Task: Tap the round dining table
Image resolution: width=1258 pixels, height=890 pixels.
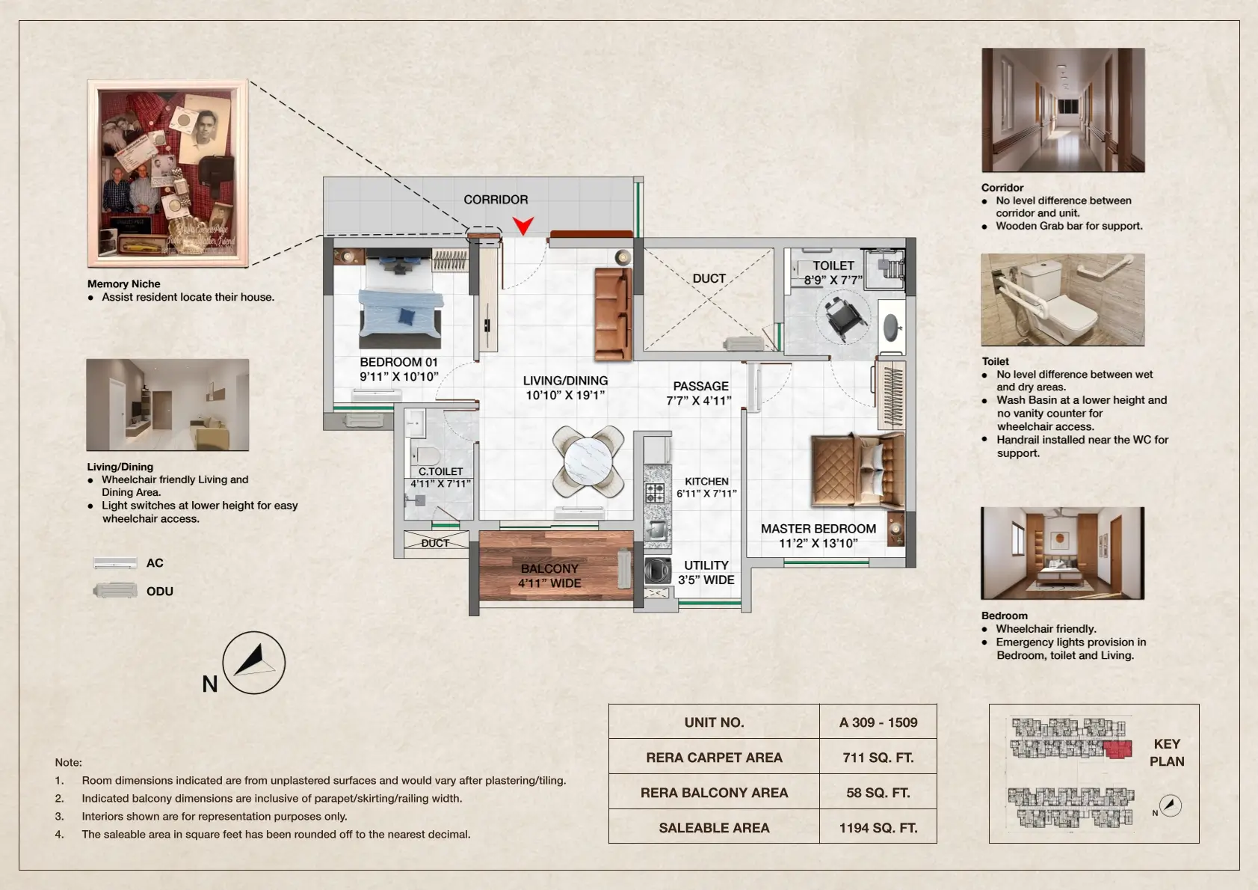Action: click(x=588, y=461)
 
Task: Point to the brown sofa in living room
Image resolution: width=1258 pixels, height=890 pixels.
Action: click(x=613, y=314)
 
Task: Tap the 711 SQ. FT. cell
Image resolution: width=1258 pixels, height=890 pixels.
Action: click(x=878, y=757)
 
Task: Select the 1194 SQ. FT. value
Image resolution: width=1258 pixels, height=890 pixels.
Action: click(x=878, y=827)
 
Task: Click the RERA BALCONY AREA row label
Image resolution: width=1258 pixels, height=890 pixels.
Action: click(x=714, y=792)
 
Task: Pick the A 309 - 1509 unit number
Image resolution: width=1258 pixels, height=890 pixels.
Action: click(x=878, y=722)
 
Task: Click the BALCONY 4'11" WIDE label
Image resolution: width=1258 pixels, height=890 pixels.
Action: click(x=549, y=575)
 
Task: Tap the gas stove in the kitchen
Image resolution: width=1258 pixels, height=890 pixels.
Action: click(x=655, y=492)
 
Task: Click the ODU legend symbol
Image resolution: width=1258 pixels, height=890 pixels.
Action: click(x=115, y=591)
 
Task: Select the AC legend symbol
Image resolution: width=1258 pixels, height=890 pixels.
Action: click(x=115, y=562)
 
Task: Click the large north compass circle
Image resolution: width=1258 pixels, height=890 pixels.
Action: click(x=254, y=663)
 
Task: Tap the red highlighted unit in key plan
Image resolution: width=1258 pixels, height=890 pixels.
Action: click(x=1117, y=749)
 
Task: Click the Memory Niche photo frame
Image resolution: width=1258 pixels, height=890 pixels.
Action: click(x=167, y=173)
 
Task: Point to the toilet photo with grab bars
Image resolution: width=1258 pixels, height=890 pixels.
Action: click(x=1062, y=299)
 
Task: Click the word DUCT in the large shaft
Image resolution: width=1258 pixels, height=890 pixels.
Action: click(x=709, y=278)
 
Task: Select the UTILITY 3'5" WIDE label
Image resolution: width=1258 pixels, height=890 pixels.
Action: click(x=706, y=572)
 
